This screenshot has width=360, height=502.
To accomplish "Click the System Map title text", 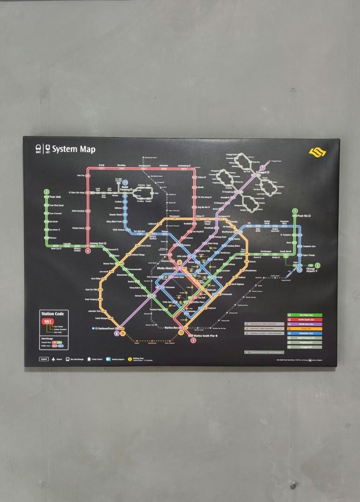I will point(73,149).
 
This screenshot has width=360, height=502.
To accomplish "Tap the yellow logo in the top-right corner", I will point(318,152).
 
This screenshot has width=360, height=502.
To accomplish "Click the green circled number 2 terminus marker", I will point(47,192).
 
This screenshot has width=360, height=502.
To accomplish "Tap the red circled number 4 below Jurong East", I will point(88,251).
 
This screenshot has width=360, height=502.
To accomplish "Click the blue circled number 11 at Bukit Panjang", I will point(125,184).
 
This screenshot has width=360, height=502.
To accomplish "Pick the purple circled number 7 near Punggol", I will point(263,168).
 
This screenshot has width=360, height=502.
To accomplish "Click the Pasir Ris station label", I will point(305,217).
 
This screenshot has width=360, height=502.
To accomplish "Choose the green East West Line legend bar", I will point(311,315).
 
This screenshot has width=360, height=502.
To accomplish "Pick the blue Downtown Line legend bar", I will point(311,333).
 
